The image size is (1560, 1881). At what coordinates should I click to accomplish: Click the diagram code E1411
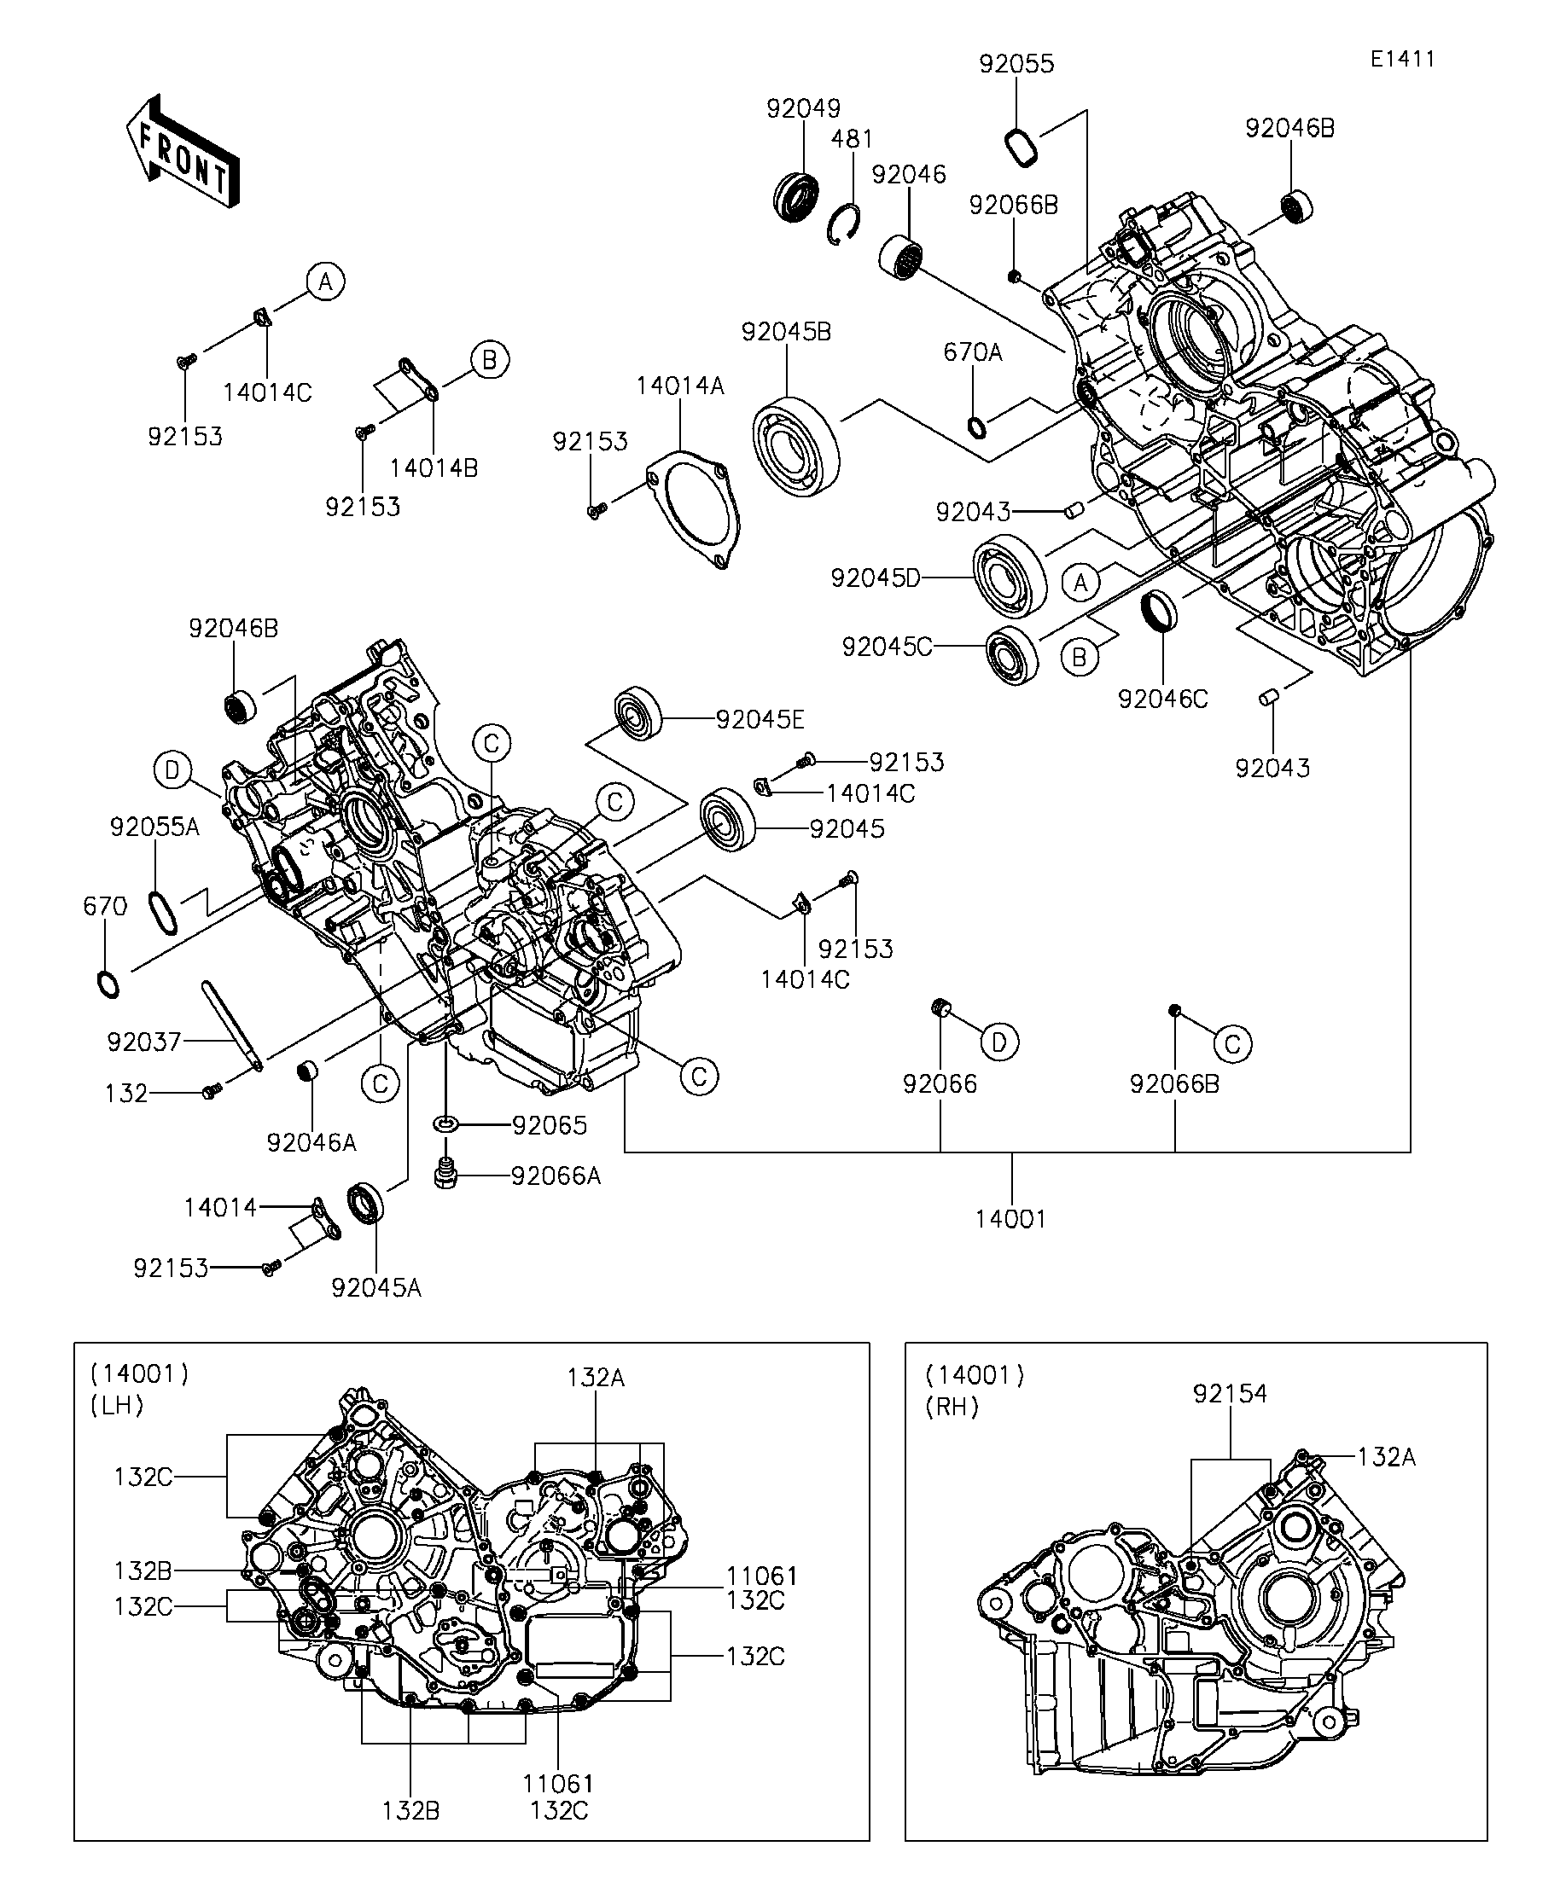pos(1402,59)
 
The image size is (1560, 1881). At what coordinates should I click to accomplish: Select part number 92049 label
pos(803,108)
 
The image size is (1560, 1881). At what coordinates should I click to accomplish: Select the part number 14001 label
pos(1010,1218)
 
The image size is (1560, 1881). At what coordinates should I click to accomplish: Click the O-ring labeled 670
pos(108,984)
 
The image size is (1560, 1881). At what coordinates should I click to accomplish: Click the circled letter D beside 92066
pos(999,1041)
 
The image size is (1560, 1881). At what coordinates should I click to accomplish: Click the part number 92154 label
pos(1230,1393)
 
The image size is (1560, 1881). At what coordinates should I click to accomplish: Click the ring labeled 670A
pos(978,427)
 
